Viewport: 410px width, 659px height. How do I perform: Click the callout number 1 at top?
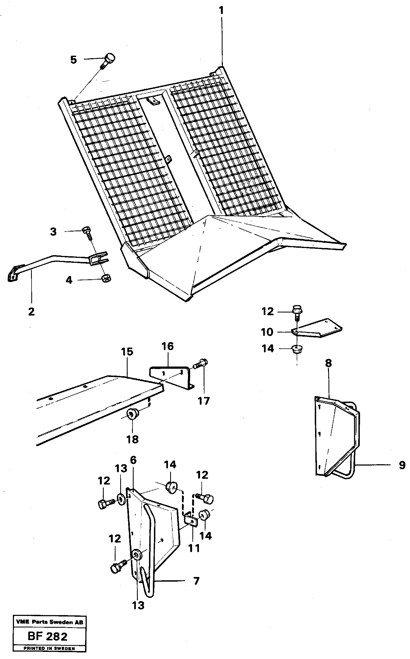[221, 11]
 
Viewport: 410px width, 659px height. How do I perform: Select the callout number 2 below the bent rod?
[31, 312]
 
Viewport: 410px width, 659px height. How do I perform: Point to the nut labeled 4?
[105, 279]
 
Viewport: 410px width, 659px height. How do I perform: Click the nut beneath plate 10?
[297, 349]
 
